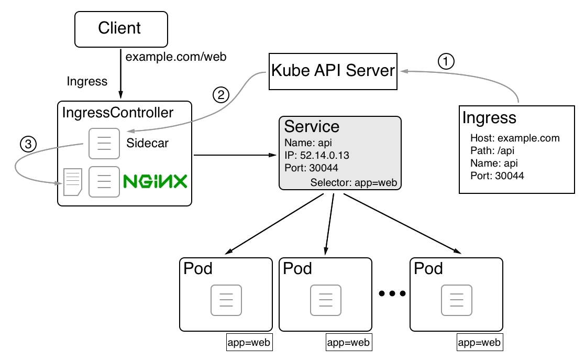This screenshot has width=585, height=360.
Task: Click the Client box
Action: coord(122,29)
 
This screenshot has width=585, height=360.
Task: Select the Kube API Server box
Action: coord(333,71)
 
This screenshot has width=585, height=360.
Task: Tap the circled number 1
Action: coord(446,61)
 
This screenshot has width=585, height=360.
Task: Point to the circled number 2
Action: coord(221,95)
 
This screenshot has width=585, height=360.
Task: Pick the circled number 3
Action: coord(28,144)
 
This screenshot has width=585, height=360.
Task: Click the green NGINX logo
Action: coord(155,181)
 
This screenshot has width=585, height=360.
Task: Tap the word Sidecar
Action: coord(147,143)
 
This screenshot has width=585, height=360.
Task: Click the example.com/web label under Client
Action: coord(176,57)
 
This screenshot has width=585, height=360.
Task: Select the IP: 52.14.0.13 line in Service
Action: coord(317,155)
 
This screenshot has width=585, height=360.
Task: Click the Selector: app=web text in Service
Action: coord(354,182)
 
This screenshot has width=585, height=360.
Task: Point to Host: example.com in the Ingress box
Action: coord(515,138)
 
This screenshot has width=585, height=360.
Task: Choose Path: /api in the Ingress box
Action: coord(492,151)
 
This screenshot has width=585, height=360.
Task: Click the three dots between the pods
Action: coord(392,293)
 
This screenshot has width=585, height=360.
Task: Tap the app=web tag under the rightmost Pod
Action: coord(480,343)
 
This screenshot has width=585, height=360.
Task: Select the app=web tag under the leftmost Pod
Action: coord(249,343)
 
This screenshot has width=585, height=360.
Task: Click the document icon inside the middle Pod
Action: coord(326,300)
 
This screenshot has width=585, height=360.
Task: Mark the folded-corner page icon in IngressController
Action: coord(73,182)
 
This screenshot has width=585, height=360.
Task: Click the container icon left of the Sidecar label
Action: coord(104,144)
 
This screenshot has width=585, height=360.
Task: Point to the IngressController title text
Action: coord(117,113)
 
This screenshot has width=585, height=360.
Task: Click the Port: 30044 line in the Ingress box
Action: coord(497,176)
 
